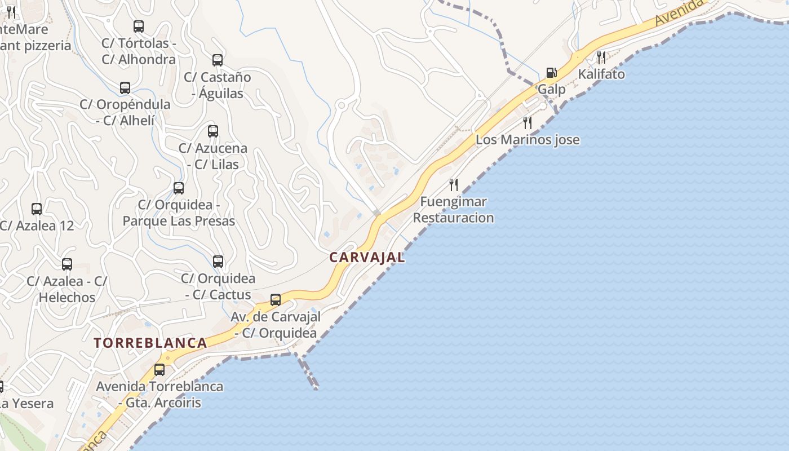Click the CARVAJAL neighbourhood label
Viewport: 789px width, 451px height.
point(367,258)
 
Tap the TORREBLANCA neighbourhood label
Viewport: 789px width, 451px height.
point(150,343)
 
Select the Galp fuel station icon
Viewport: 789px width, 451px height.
point(551,73)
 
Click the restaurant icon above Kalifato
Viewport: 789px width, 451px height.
point(601,57)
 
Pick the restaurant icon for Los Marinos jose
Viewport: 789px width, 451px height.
point(528,122)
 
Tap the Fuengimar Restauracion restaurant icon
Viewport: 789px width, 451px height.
point(453,184)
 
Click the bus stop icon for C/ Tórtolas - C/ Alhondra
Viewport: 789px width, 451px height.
point(139,26)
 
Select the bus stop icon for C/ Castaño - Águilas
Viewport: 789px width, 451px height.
point(218,60)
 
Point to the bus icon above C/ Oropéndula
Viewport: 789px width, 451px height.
point(125,88)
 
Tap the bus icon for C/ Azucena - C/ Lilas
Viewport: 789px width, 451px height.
point(213,131)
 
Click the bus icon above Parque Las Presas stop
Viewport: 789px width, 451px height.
point(179,188)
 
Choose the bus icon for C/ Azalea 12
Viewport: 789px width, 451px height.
point(37,209)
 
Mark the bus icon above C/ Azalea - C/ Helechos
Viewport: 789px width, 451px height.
point(67,264)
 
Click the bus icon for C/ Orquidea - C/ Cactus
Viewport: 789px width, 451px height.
point(218,262)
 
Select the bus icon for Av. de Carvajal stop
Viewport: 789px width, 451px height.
point(276,300)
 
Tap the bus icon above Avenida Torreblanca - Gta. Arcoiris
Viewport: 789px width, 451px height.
point(159,370)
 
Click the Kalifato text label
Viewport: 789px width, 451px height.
point(601,74)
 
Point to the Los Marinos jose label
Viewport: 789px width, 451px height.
point(528,140)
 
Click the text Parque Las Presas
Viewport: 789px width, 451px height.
point(179,221)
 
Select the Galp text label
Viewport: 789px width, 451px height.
point(551,89)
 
